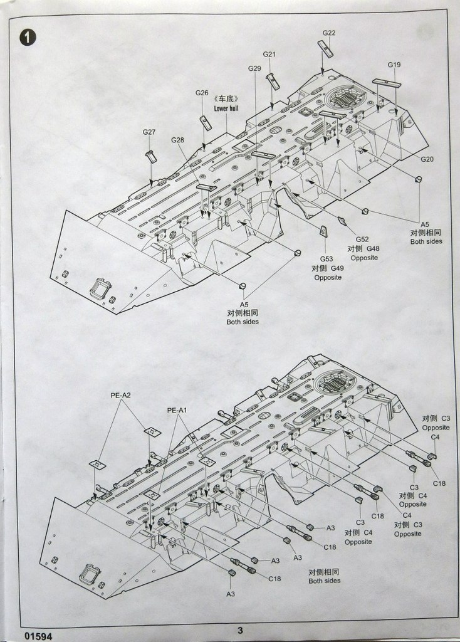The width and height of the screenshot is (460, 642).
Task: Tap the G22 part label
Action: coord(329,33)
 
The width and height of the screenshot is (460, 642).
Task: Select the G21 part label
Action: coord(269,55)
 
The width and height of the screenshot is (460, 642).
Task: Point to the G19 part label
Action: coord(394,65)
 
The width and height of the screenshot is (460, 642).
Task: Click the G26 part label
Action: coord(201,93)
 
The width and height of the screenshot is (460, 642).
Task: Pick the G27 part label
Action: coord(149,132)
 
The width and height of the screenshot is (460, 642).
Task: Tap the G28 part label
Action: coord(177,140)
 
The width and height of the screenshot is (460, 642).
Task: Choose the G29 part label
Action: coord(254,68)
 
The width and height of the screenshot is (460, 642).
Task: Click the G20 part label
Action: coord(427,159)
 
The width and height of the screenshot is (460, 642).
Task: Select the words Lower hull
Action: coord(226,108)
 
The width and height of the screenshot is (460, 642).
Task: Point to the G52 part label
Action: coord(362,239)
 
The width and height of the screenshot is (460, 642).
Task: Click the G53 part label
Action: coord(327,259)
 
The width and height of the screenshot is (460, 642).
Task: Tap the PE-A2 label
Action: coord(120,396)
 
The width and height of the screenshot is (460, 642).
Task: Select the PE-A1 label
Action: coord(177,411)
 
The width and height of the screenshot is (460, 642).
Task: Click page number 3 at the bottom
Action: coord(240,631)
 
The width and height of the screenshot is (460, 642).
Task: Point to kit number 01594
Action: coord(38,634)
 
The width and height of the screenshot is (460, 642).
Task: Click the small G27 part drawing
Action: coord(152,156)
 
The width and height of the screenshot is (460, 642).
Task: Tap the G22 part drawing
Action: coord(325,48)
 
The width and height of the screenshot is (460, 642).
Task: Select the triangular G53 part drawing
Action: coord(323,231)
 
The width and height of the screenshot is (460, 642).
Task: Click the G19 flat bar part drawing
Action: coord(387,82)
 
